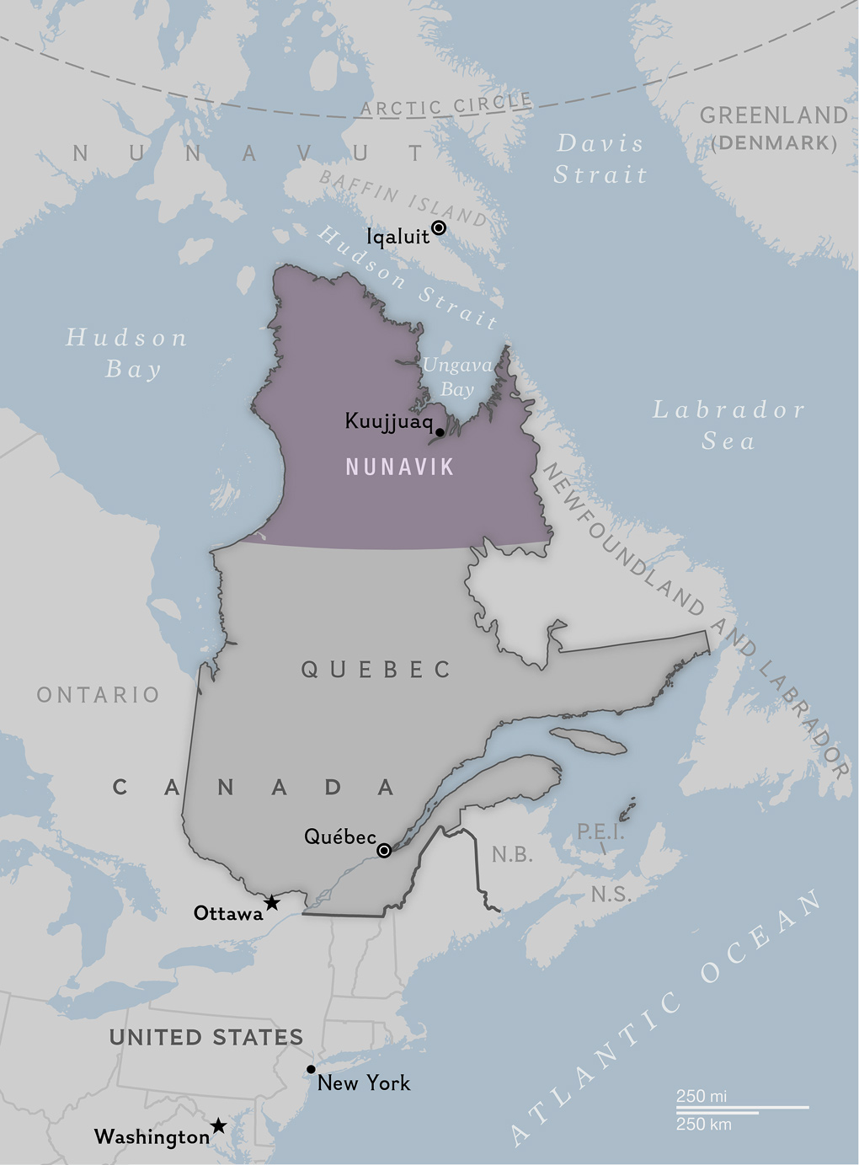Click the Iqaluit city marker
coord(439,227)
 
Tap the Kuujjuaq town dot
coord(440,432)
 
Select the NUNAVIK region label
coord(400,467)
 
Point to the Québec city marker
coord(384,851)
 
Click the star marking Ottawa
coord(272,903)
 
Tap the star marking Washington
coord(218,1125)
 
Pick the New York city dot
coord(311,1069)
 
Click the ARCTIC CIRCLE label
coord(446,105)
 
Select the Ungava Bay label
coord(457,377)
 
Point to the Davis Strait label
coord(600,159)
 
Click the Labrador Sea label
coord(729,425)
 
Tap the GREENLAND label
coord(774,115)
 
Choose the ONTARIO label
coord(99,695)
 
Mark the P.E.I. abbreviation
coord(600,832)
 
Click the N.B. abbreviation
coord(512,855)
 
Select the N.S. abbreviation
coord(611,894)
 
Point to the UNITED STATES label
coord(206,1037)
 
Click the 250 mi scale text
coord(702,1096)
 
